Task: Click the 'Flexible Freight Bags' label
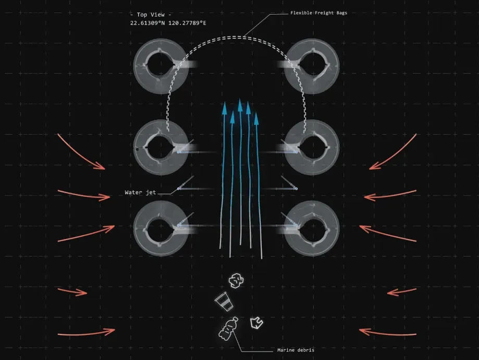click(319, 13)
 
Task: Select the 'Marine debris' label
click(296, 350)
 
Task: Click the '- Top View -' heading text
click(150, 15)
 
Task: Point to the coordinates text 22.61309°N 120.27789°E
click(168, 23)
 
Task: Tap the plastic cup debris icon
click(223, 301)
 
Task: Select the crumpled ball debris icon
click(237, 281)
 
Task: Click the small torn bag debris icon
click(256, 323)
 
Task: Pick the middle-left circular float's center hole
click(161, 146)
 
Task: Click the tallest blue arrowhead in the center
click(240, 104)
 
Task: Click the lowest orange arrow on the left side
click(86, 332)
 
